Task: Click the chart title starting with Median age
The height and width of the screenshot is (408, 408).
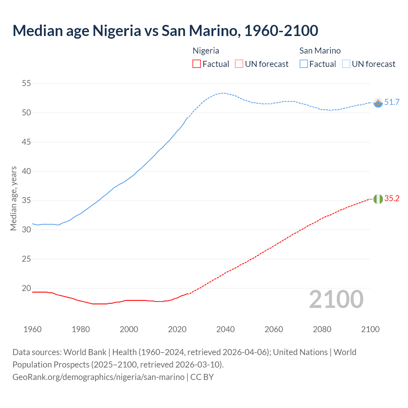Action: [165, 31]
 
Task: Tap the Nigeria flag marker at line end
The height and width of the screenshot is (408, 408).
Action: [378, 199]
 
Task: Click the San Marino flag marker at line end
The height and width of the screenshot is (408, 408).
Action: [378, 103]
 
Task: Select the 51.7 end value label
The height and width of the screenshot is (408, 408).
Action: [392, 102]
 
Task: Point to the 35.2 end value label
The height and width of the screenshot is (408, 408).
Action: [392, 199]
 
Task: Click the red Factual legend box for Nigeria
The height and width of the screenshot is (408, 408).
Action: [197, 64]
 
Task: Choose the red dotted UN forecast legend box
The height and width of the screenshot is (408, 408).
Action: [239, 64]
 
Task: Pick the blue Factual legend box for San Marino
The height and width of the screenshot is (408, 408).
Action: [304, 64]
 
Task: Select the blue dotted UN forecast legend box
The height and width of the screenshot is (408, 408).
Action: [346, 64]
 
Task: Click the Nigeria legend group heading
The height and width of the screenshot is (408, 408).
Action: [206, 51]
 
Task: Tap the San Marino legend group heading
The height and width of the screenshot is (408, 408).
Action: [320, 51]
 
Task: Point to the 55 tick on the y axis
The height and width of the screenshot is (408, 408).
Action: [26, 84]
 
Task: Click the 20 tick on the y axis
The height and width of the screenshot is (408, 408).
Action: [26, 288]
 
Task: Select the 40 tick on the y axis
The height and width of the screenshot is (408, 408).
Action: [26, 171]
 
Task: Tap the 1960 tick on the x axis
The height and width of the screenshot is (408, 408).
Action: [33, 329]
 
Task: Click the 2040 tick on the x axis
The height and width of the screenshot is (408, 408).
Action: [225, 329]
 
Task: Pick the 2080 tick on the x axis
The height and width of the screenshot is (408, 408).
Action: [322, 329]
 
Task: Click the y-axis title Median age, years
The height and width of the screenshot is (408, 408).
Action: [13, 198]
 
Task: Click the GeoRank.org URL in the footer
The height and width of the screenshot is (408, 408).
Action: [98, 377]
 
